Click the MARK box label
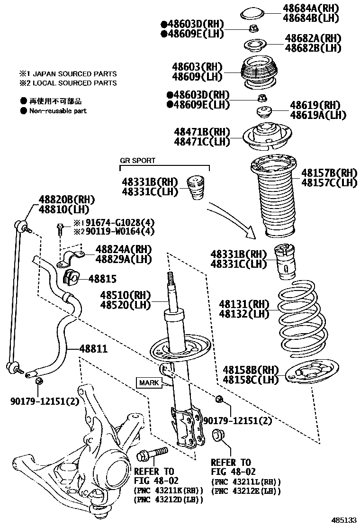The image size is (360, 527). (x=149, y=382)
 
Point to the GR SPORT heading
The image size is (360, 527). (x=137, y=161)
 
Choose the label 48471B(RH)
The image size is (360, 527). (x=202, y=131)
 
